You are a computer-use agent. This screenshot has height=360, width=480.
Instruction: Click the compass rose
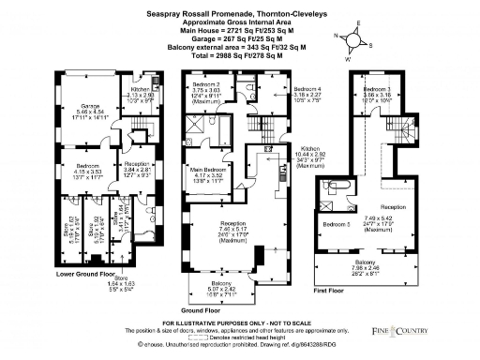[352, 42]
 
